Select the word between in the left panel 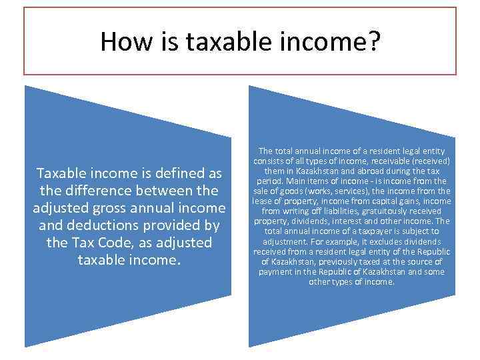coord(171,191)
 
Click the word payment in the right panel coord(276,271)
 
